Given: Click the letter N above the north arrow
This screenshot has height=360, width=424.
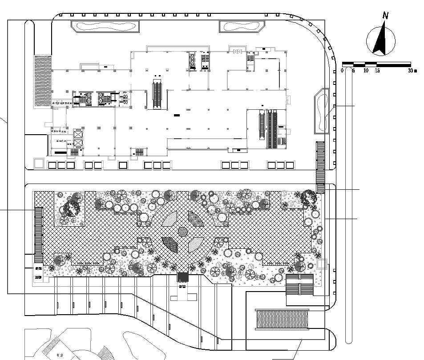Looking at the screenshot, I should (x=386, y=16).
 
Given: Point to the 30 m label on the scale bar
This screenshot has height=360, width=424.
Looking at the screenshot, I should (x=412, y=71).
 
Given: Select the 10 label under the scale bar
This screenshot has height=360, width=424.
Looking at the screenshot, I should (x=366, y=71).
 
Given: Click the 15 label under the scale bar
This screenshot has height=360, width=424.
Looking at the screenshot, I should (x=377, y=71).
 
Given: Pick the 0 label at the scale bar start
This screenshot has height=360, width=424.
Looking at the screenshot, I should (x=342, y=71).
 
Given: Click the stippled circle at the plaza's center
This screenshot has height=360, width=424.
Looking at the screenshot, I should (x=183, y=231).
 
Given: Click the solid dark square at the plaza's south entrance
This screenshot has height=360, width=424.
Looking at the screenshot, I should (x=183, y=277).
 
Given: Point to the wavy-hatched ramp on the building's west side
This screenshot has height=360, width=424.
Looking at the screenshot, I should (x=43, y=81).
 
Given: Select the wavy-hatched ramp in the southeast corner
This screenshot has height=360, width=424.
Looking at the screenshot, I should (x=283, y=319).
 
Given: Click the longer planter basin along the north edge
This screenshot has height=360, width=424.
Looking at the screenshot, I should (x=105, y=26).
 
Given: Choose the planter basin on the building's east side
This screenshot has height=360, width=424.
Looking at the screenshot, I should (x=322, y=111).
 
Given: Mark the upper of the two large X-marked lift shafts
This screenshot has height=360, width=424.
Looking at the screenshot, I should (x=78, y=134).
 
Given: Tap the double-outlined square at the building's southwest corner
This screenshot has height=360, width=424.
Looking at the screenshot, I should (x=39, y=163).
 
